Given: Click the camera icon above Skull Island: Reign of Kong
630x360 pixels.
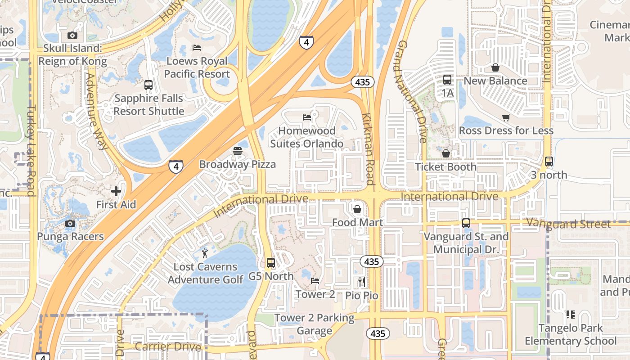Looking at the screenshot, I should [72, 35].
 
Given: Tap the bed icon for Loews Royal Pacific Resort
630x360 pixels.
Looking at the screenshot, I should [197, 47].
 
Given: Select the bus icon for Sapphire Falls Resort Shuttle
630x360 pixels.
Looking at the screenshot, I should [148, 85].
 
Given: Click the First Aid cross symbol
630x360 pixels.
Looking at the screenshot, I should [116, 191].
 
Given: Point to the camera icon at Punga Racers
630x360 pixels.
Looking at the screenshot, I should [70, 223].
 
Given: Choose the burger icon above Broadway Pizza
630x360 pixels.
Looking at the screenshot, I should [238, 151].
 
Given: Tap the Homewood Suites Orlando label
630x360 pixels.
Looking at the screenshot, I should [307, 137].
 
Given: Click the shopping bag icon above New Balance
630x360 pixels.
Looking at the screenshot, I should [495, 67].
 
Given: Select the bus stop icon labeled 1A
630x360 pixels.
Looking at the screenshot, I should [447, 80].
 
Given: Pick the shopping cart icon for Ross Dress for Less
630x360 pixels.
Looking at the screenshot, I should [506, 117].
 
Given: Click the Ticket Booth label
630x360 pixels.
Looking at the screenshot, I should [445, 167].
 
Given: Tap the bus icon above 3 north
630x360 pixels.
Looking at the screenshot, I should [549, 162].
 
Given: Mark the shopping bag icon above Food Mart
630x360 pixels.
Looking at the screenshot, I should [357, 209].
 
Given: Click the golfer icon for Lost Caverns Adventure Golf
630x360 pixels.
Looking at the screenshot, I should [205, 253].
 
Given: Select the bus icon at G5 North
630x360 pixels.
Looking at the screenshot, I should [270, 263].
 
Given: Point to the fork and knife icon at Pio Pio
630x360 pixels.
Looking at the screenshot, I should [362, 282].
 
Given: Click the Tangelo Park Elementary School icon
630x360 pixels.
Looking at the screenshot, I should [570, 315].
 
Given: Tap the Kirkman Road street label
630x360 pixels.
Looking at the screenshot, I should [368, 148].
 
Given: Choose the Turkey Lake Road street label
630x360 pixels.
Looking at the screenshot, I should [31, 151].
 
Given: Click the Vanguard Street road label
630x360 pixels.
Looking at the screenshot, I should [568, 223].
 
